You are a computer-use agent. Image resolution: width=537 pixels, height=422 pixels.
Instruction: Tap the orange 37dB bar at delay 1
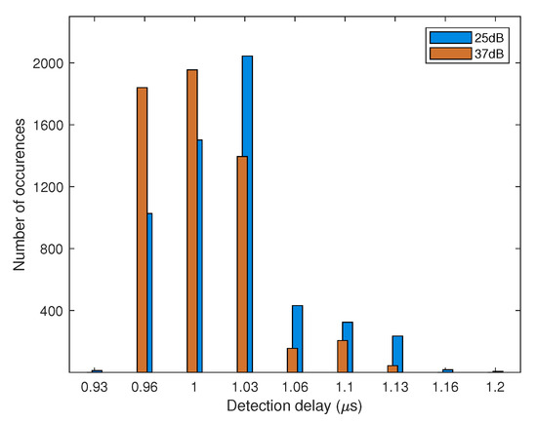[x=191, y=220]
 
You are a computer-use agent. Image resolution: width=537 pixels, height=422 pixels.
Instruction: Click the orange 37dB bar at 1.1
[x=342, y=356]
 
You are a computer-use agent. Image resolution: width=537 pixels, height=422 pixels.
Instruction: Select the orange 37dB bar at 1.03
[x=241, y=264]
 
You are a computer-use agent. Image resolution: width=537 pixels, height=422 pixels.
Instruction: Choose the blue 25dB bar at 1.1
[x=348, y=347]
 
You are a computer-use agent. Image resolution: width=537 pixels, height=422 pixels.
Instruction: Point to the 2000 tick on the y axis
[x=52, y=63]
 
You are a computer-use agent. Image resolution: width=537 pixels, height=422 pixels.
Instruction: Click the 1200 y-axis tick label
[x=52, y=187]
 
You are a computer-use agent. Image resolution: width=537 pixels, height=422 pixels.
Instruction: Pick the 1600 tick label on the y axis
[x=52, y=126]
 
